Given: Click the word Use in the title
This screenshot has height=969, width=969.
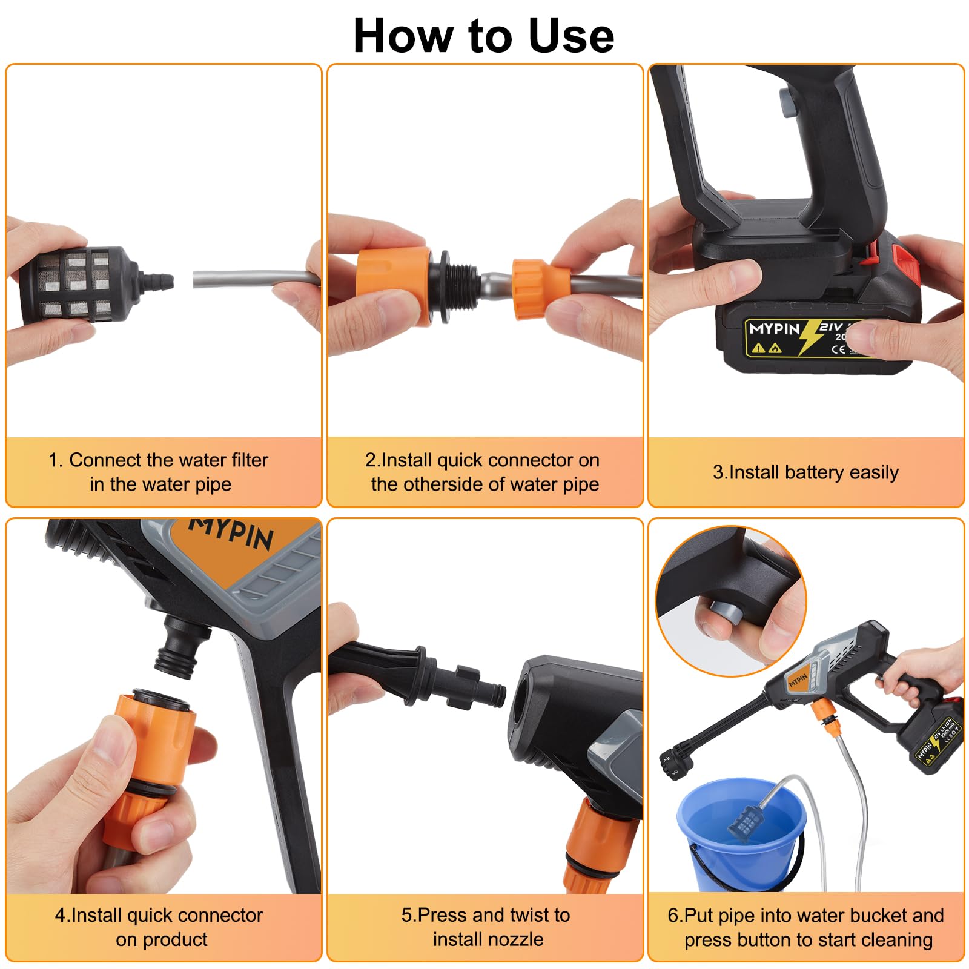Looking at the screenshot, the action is pyautogui.click(x=571, y=36).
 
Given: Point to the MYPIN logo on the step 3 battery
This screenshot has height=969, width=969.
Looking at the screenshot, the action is pyautogui.click(x=775, y=329).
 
